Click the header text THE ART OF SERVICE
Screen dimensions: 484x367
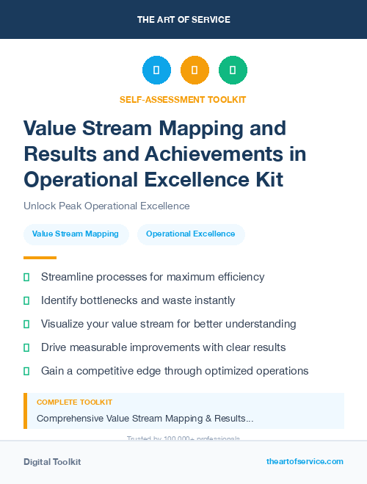(183, 19)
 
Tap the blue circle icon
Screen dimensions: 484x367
(156, 71)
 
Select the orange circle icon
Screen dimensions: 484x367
(195, 71)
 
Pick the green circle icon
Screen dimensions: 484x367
(233, 71)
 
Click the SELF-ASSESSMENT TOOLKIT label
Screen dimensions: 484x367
(183, 99)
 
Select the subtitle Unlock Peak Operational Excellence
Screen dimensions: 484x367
(106, 206)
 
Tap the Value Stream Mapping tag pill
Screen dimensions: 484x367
(76, 234)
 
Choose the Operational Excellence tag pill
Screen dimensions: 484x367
(191, 234)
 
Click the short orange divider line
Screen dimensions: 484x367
(40, 258)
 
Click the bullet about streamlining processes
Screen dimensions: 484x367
(153, 277)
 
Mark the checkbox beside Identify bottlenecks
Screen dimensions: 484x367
(26, 300)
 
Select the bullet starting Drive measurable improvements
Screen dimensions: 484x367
(163, 347)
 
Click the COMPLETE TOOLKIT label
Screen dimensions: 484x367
(74, 402)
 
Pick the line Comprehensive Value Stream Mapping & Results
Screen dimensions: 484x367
(145, 419)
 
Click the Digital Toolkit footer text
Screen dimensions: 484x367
(52, 462)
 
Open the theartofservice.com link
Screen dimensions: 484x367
(305, 461)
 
